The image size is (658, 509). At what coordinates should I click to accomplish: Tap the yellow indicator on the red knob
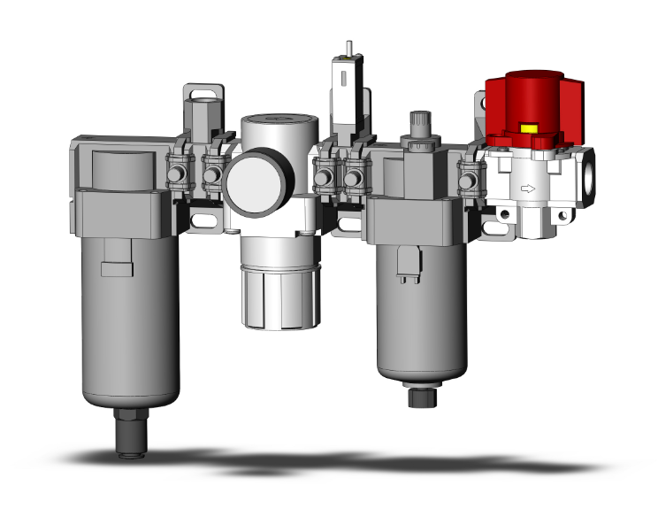(531, 127)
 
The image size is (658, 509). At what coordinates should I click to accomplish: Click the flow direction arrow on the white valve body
(528, 188)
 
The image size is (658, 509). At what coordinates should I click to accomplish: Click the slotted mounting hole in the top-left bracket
(202, 91)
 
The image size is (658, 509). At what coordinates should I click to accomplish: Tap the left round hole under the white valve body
(505, 213)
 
